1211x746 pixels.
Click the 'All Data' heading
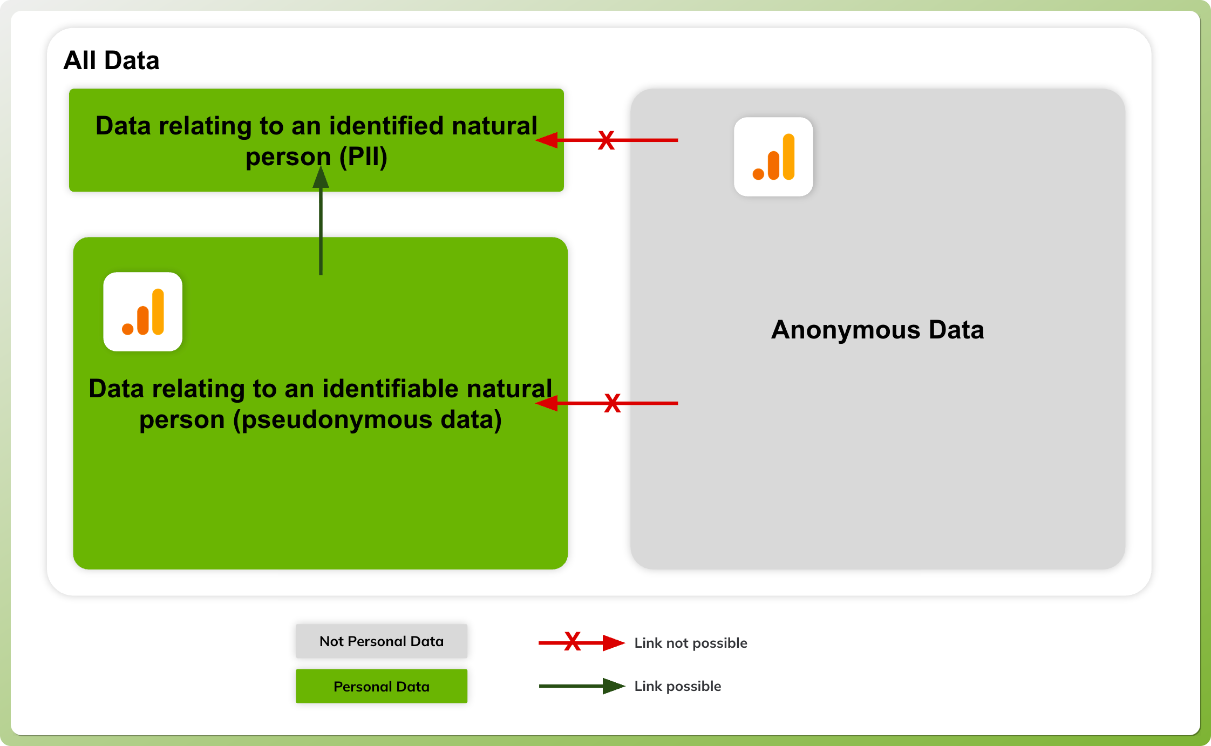click(111, 60)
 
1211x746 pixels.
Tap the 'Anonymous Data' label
click(877, 330)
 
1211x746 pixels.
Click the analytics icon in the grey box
click(773, 157)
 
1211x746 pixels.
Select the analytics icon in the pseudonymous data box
click(143, 311)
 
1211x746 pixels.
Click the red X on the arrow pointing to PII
click(606, 140)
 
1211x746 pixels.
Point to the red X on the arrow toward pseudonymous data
click(613, 403)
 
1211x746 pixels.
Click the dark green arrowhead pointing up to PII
click(321, 177)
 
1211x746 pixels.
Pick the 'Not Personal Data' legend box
click(382, 641)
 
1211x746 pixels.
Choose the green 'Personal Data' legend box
click(382, 686)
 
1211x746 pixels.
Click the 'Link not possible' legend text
click(691, 643)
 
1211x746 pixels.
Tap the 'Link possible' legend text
click(678, 686)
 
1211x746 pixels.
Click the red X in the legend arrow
click(573, 641)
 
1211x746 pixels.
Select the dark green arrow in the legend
click(582, 686)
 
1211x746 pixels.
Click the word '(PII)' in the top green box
click(363, 157)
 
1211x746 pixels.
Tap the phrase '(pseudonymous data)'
click(368, 420)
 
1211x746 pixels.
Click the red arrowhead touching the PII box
click(547, 140)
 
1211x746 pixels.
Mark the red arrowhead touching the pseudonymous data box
click(547, 403)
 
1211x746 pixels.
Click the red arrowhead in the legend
click(614, 643)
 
